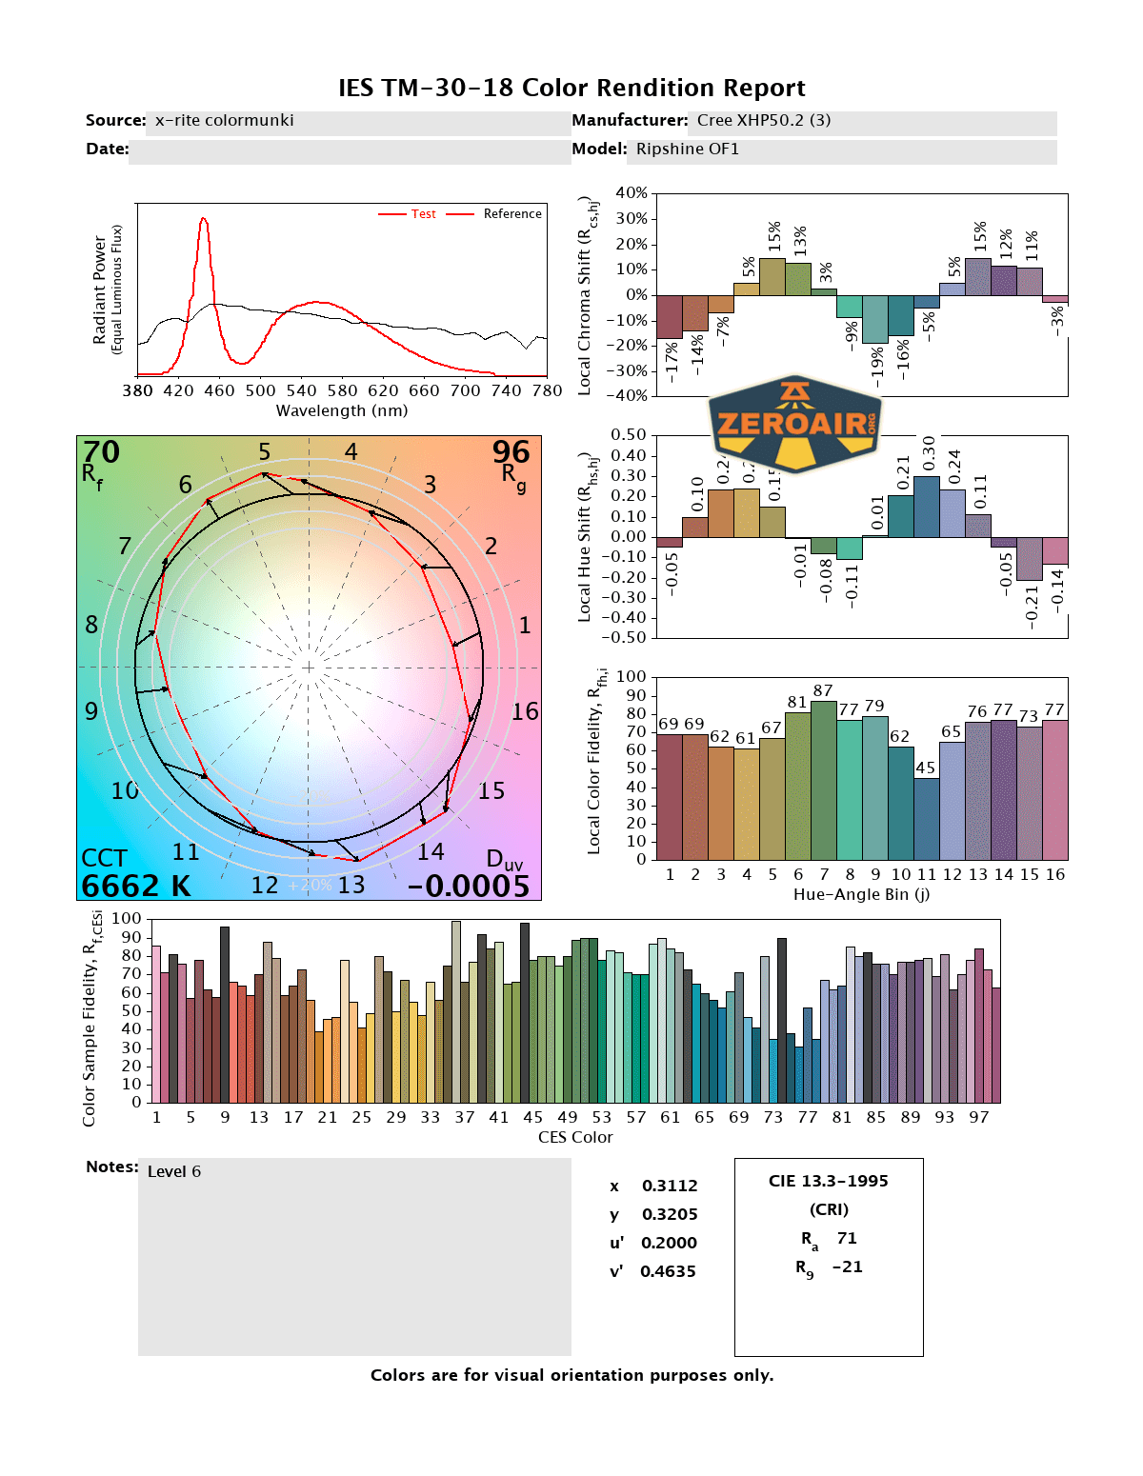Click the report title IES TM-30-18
tap(571, 88)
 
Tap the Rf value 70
tap(101, 451)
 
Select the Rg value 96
tap(511, 451)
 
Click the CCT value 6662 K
tap(136, 886)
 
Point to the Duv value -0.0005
tap(468, 886)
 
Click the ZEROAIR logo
tap(795, 422)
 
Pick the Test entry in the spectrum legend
tap(423, 214)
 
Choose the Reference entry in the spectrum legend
tap(511, 214)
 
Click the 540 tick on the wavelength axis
tap(301, 390)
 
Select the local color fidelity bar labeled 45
tap(926, 819)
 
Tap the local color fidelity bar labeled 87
tap(823, 780)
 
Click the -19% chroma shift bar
tap(874, 319)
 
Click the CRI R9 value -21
tap(847, 1267)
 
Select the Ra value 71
tap(847, 1238)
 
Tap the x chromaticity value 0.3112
tap(670, 1186)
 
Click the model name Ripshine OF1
tap(687, 149)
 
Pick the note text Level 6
tap(174, 1171)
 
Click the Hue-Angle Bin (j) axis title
tap(861, 894)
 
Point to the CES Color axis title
tap(575, 1137)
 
